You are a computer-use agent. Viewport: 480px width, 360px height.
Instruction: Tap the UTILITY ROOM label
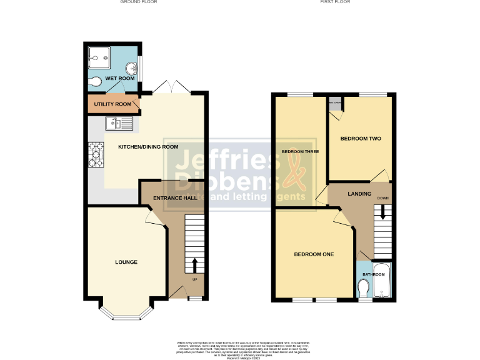pyautogui.click(x=113, y=104)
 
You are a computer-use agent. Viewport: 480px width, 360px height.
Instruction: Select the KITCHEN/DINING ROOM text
pyautogui.click(x=149, y=147)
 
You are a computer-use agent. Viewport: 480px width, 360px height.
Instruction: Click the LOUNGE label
pyautogui.click(x=126, y=262)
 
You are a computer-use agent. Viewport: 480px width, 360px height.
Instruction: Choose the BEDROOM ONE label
pyautogui.click(x=314, y=254)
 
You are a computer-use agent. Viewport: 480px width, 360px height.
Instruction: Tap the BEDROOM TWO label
pyautogui.click(x=361, y=138)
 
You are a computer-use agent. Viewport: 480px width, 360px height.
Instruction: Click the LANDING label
pyautogui.click(x=359, y=194)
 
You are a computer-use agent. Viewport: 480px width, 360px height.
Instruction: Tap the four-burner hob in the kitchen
pyautogui.click(x=96, y=155)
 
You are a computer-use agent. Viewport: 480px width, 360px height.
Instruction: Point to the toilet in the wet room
pyautogui.click(x=95, y=81)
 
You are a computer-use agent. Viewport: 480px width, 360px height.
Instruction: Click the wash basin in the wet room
pyautogui.click(x=132, y=67)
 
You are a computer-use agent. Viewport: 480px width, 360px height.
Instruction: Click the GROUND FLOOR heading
pyautogui.click(x=139, y=2)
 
